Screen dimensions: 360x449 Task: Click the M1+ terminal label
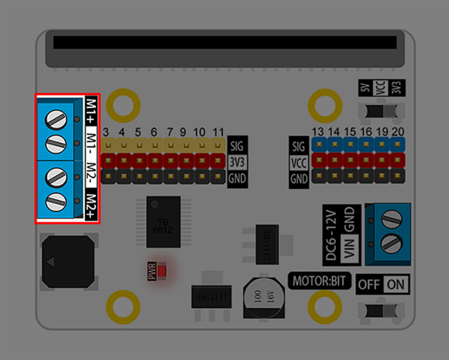click(91, 111)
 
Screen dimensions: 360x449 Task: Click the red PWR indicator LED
click(162, 271)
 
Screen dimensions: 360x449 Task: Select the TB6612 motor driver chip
click(163, 222)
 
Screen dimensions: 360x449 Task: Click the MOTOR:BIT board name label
click(319, 281)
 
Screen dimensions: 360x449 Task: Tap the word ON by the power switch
click(396, 284)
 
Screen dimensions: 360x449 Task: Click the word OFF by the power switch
click(369, 284)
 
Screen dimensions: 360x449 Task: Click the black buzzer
click(68, 262)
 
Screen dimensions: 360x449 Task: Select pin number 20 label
click(398, 131)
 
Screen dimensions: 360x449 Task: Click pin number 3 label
click(106, 132)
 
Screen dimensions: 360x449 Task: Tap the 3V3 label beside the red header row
click(237, 162)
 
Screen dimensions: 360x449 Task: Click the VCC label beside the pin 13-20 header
click(299, 163)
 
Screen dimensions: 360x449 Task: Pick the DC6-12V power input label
click(331, 235)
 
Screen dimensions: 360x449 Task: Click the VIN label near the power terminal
click(349, 248)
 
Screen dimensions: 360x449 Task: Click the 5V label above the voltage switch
click(365, 88)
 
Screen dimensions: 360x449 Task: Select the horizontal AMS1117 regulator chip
click(211, 297)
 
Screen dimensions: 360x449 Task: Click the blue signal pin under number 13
click(319, 145)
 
